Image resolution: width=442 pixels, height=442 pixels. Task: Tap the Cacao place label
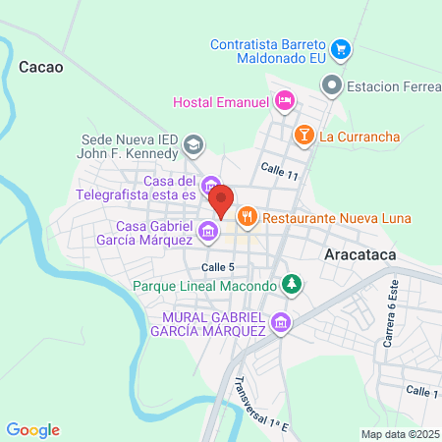40,68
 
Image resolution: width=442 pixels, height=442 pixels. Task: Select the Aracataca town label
364,252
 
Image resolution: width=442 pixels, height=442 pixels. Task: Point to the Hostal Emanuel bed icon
284,100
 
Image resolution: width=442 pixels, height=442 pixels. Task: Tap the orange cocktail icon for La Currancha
304,135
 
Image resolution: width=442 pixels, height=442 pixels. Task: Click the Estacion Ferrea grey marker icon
334,86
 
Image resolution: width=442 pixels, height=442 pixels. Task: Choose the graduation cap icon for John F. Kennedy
193,145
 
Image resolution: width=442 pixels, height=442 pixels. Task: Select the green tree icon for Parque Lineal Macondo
291,286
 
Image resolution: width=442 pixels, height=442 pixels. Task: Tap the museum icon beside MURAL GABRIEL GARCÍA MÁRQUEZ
282,322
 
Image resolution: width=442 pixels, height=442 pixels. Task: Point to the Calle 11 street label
280,173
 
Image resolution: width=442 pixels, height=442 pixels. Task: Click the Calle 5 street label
218,267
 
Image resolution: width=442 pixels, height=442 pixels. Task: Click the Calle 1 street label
422,392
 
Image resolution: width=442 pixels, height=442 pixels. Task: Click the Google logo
32,430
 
